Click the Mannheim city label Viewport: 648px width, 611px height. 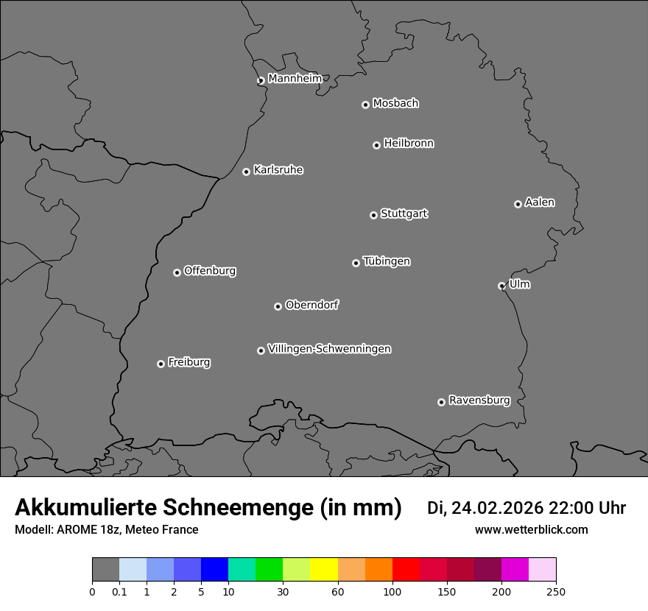(x=295, y=79)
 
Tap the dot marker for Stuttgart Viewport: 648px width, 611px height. (x=373, y=215)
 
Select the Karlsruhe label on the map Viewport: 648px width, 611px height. (x=278, y=170)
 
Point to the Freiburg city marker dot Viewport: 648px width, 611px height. (x=161, y=364)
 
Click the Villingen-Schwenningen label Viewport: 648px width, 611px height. (x=329, y=349)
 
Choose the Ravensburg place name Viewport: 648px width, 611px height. (x=479, y=400)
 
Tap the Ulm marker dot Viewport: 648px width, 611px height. (x=501, y=286)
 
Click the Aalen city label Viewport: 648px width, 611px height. (x=540, y=202)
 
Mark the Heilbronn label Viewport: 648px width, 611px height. (x=409, y=144)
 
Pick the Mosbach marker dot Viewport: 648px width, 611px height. (x=365, y=105)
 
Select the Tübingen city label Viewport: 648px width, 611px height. (x=387, y=261)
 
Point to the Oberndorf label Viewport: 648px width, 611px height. (x=311, y=305)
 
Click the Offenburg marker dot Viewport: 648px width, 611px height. (x=177, y=272)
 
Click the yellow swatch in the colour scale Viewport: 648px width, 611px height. (x=324, y=570)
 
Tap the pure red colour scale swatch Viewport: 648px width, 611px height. (x=406, y=570)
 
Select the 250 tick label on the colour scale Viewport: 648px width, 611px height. (x=556, y=591)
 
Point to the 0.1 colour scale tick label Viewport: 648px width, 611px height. (x=119, y=591)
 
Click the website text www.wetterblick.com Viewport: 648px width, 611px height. (x=531, y=529)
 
